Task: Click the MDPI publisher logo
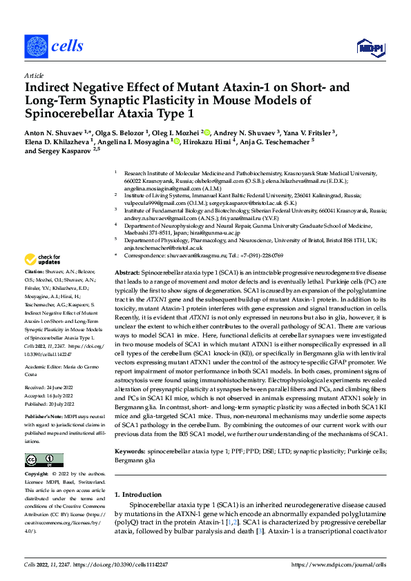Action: point(367,47)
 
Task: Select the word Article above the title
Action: point(33,75)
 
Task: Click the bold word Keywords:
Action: point(132,450)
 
